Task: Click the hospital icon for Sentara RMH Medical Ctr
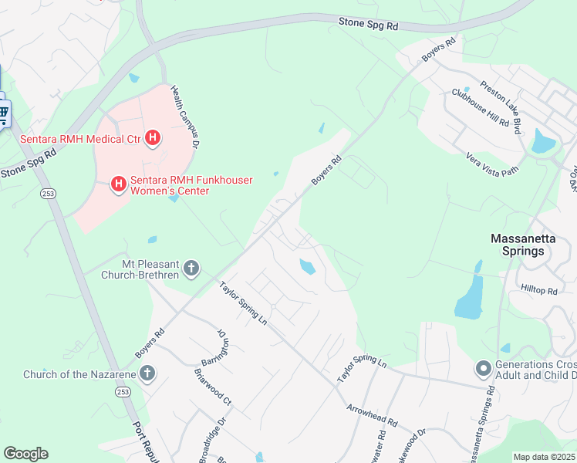pyautogui.click(x=154, y=139)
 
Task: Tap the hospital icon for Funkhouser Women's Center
pyautogui.click(x=119, y=184)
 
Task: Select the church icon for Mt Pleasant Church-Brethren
pyautogui.click(x=191, y=269)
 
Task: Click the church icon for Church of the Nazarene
pyautogui.click(x=147, y=375)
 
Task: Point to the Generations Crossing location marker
pyautogui.click(x=484, y=369)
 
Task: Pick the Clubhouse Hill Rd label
pyautogui.click(x=481, y=107)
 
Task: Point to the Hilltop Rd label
pyautogui.click(x=538, y=289)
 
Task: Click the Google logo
pyautogui.click(x=25, y=454)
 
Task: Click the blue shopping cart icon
pyautogui.click(x=3, y=115)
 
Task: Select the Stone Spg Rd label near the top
pyautogui.click(x=368, y=25)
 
